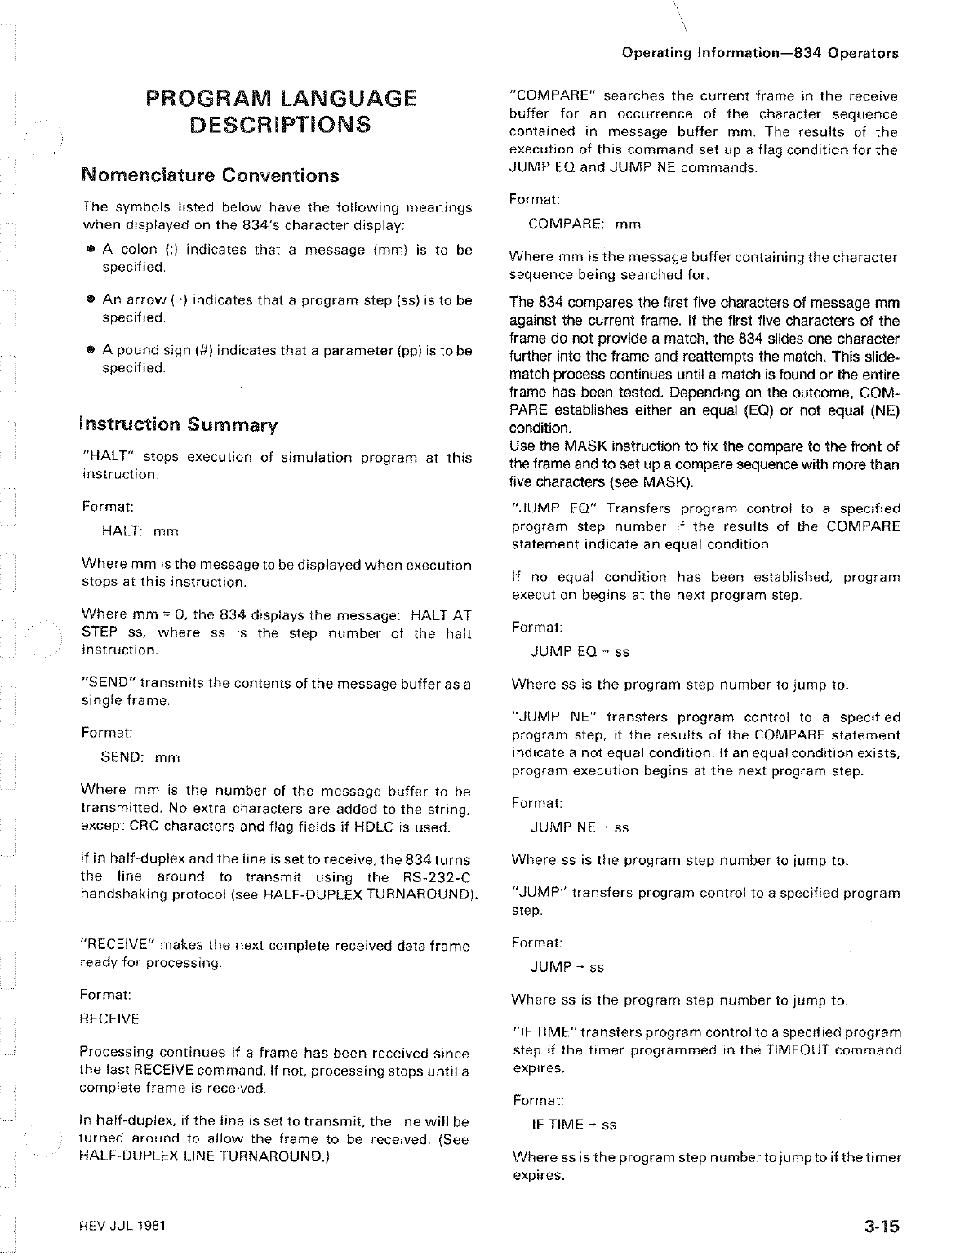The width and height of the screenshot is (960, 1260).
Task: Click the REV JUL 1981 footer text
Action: click(x=125, y=1227)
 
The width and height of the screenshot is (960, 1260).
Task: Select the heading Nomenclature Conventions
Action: click(x=210, y=175)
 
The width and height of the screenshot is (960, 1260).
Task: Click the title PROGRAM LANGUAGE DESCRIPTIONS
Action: click(x=281, y=112)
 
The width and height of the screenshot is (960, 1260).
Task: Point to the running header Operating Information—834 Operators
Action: click(x=759, y=54)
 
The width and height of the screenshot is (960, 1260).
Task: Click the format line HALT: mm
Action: click(x=140, y=531)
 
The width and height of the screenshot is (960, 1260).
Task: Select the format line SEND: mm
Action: click(x=140, y=757)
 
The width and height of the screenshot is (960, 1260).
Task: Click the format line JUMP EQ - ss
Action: click(x=580, y=652)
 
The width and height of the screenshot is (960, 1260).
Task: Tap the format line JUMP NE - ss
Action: click(x=580, y=827)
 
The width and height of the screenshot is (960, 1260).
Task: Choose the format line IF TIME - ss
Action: click(x=574, y=1125)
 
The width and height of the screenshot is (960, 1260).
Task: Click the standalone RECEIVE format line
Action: click(x=109, y=1019)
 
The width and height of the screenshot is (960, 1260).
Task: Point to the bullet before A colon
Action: click(x=92, y=250)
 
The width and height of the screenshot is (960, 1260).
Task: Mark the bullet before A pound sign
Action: click(x=92, y=350)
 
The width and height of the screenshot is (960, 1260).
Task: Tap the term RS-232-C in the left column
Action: click(x=438, y=877)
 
